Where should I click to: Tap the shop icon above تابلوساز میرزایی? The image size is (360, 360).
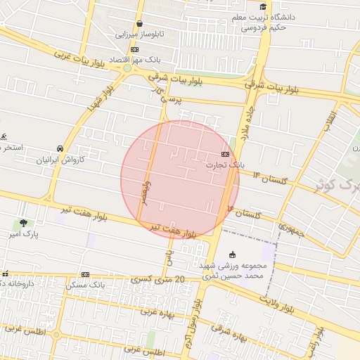coord(139,23)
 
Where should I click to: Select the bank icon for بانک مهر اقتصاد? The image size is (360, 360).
coord(134,49)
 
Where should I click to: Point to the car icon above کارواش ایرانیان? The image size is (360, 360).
coord(61,148)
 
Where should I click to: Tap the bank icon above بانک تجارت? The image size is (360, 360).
coord(225,153)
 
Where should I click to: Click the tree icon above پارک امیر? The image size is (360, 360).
coord(25,223)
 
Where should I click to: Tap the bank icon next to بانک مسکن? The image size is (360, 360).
coord(85,274)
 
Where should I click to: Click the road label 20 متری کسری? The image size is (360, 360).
coord(158,280)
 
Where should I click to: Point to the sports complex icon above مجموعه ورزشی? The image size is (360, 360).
coord(232,255)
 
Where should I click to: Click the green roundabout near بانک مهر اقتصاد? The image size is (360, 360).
coord(127,68)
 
